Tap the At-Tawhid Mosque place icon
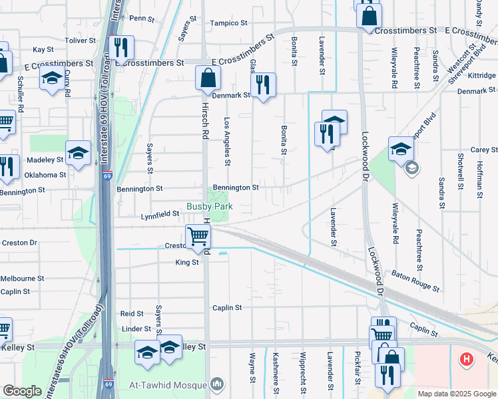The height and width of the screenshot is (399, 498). click(216, 384)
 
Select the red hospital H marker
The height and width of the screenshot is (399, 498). click(467, 360)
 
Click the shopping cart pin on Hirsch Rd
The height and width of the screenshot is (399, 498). click(198, 236)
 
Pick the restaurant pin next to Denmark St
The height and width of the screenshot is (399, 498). click(263, 84)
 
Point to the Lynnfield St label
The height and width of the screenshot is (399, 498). click(160, 215)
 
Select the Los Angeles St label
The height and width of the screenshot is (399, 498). click(227, 142)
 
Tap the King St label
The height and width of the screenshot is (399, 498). click(186, 263)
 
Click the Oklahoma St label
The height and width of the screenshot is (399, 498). click(45, 176)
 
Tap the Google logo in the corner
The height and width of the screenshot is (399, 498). click(22, 391)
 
